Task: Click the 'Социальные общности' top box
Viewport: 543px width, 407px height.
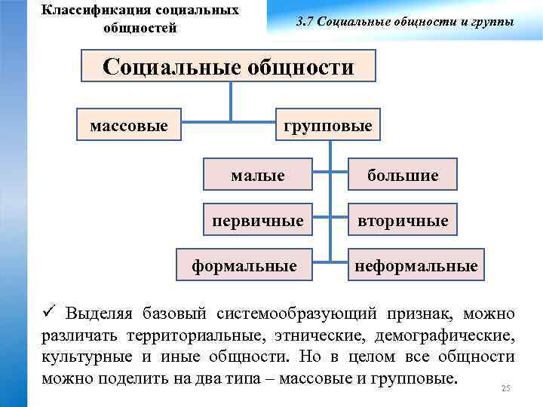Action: click(229, 66)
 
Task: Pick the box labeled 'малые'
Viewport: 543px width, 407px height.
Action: click(258, 175)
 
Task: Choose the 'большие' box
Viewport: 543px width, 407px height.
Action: click(403, 175)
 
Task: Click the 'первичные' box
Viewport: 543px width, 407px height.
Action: click(258, 220)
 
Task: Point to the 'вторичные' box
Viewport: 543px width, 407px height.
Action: click(403, 220)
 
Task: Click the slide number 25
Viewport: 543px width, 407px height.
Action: click(506, 388)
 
